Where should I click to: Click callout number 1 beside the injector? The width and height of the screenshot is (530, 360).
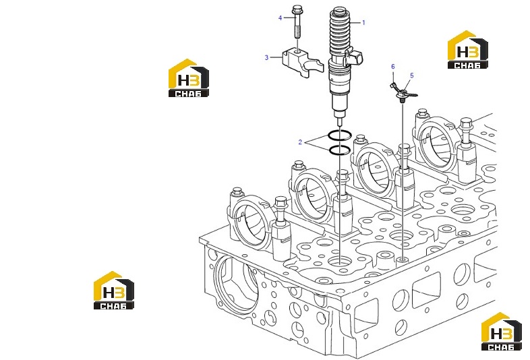tap(363, 23)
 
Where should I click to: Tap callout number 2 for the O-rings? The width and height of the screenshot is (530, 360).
tap(300, 142)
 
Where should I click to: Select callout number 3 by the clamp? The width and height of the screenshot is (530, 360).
tap(266, 57)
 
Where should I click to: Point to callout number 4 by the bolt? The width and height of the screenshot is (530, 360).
tap(280, 18)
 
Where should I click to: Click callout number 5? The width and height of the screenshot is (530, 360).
tap(412, 76)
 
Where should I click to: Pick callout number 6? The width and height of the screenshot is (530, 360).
tap(392, 67)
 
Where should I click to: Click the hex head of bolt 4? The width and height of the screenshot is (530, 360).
tap(297, 10)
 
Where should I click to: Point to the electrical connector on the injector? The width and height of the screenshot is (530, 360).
tap(354, 57)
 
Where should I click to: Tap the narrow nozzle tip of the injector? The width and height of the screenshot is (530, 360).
tap(340, 121)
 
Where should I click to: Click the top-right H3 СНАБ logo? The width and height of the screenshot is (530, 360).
tap(468, 50)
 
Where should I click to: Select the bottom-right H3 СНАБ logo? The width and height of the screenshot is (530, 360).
tap(502, 332)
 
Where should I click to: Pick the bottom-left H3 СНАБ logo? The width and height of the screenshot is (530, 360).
tap(114, 291)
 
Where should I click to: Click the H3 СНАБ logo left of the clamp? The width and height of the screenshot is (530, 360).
tap(189, 78)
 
